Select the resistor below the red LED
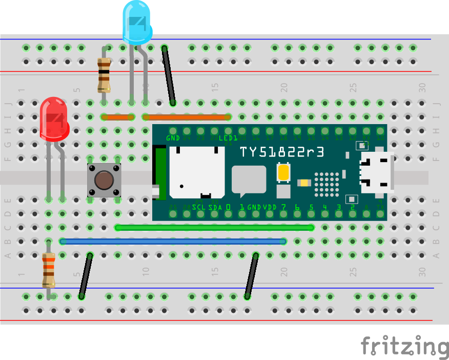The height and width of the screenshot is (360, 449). click(49, 270)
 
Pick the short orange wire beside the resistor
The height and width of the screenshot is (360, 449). click(118, 117)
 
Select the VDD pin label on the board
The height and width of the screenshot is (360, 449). click(270, 208)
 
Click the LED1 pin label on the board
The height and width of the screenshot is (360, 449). click(228, 138)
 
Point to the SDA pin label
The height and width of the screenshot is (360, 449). click(215, 208)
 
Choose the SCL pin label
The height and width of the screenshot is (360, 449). click(199, 208)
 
